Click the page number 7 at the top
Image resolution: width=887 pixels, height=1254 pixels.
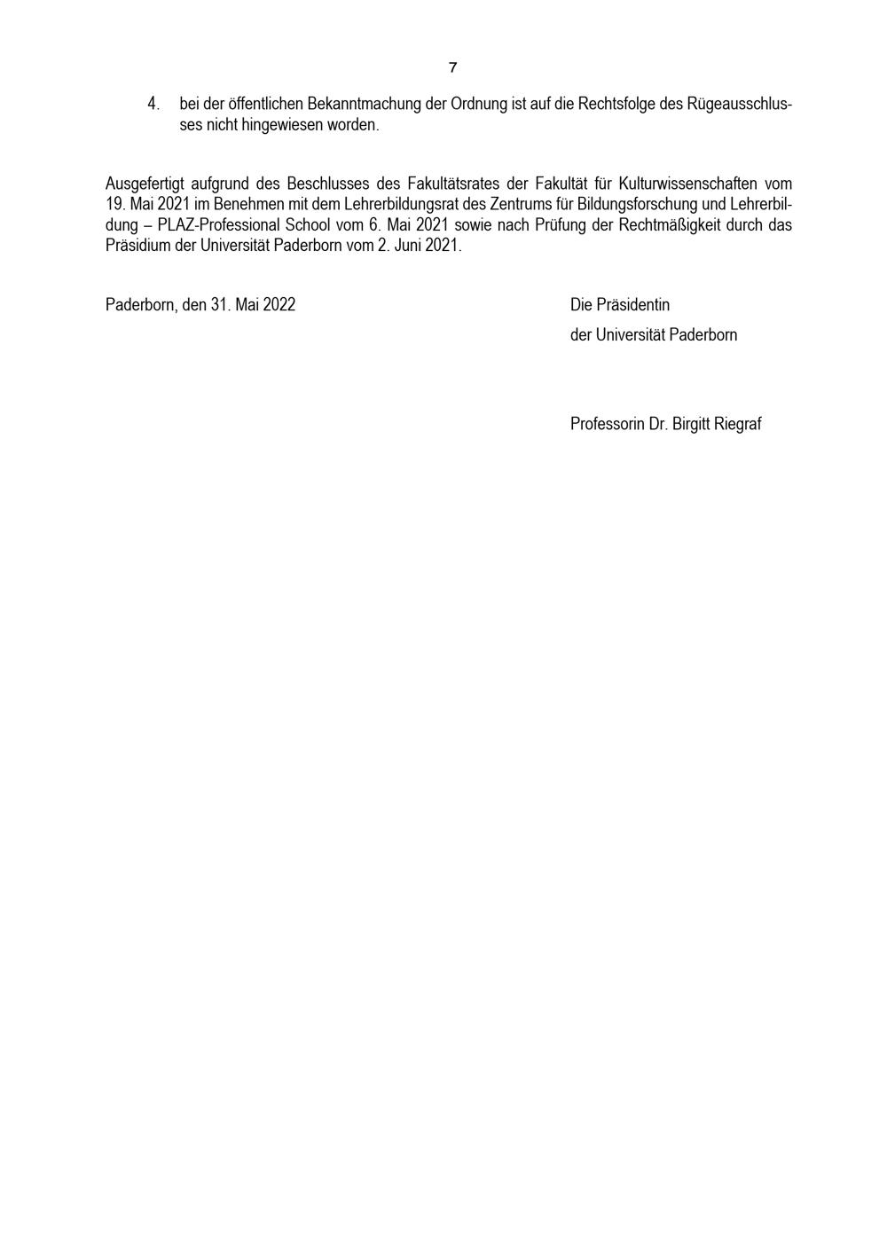pyautogui.click(x=452, y=67)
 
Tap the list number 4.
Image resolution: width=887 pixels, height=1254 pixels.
pyautogui.click(x=153, y=104)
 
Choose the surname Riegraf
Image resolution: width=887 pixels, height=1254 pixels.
pyautogui.click(x=737, y=424)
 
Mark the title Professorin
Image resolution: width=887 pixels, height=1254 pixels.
pyautogui.click(x=607, y=424)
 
